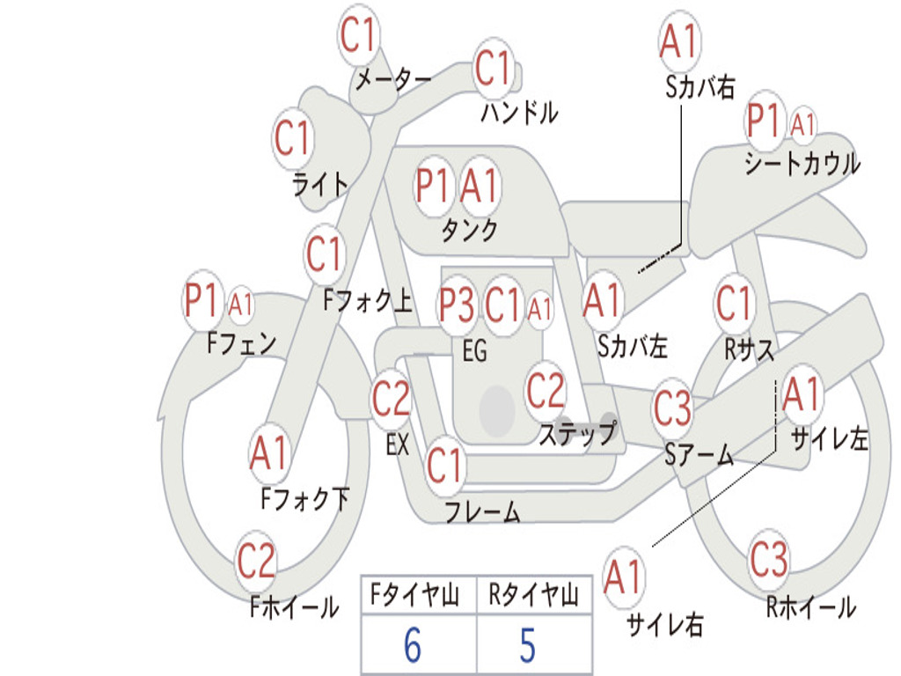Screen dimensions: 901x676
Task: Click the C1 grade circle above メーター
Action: point(358,35)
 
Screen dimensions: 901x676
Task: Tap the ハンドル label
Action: point(519,112)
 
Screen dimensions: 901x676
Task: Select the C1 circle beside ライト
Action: point(293,138)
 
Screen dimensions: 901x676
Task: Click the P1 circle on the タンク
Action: point(432,186)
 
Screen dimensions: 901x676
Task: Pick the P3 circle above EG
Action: point(457,305)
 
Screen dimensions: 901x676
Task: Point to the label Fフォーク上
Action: point(368,300)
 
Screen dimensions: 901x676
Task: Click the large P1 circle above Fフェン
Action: point(201,300)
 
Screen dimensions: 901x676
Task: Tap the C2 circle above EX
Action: point(392,399)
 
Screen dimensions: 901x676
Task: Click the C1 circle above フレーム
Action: point(445,465)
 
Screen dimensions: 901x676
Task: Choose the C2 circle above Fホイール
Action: point(256,561)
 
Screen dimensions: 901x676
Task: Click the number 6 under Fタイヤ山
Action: point(413,644)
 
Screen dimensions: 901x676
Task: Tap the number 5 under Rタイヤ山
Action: point(528,644)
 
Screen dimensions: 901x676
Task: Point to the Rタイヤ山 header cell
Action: point(534,595)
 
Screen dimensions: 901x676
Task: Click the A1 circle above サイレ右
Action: point(623,577)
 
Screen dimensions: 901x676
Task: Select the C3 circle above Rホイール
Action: point(769,559)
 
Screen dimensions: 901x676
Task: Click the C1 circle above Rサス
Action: point(734,303)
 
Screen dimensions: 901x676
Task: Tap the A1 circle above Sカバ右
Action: point(680,41)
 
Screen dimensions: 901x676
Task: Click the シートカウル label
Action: point(802,164)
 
